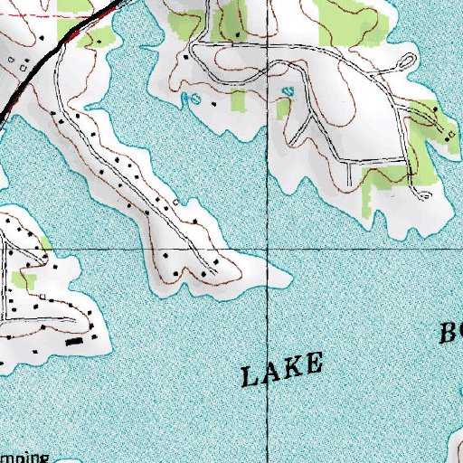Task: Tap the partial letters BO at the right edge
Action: (451, 332)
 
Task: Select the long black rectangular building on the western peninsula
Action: (75, 343)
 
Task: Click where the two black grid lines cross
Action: (269, 247)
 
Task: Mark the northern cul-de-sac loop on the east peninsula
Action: (407, 62)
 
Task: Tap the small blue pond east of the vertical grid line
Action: (288, 91)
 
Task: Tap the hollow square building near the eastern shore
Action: (448, 132)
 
